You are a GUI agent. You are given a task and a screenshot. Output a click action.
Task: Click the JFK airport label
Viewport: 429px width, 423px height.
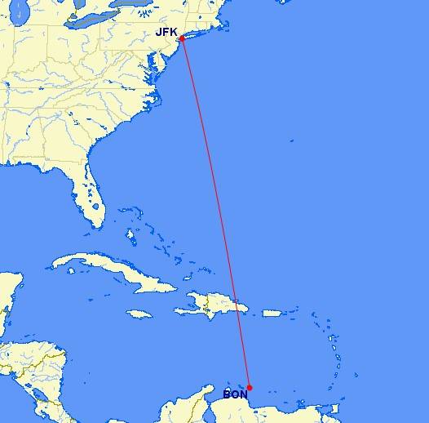166,32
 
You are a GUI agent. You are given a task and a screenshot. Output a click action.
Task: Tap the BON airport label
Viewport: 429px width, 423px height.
235,395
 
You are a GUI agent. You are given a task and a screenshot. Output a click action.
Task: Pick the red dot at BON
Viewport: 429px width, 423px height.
249,388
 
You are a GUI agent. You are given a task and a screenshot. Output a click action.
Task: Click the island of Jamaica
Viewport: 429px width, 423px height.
139,314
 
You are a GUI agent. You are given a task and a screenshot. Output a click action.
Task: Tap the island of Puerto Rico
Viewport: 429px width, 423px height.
271,312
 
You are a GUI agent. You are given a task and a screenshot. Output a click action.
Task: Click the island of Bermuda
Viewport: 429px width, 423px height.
291,140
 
